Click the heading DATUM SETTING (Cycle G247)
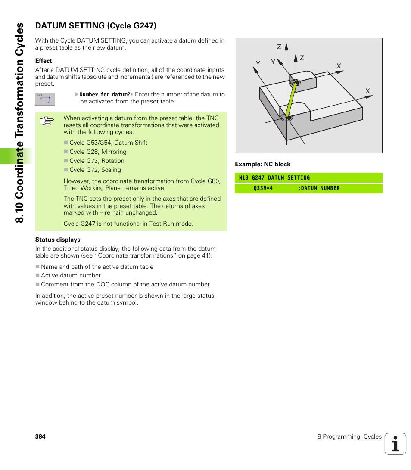coord(96,26)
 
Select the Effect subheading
coord(44,61)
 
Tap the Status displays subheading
coord(58,240)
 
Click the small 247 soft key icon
coord(45,99)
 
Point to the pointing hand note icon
coord(46,121)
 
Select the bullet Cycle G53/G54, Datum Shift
coord(108,143)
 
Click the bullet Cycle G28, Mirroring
coord(98,152)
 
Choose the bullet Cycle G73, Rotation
coord(97,161)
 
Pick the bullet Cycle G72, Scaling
coord(95,170)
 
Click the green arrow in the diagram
coord(292,100)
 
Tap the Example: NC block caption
coord(262,165)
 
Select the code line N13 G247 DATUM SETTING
coord(274,178)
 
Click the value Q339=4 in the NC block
coord(263,188)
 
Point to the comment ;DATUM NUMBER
coord(318,188)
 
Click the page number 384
coord(40,436)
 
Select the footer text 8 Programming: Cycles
coord(349,436)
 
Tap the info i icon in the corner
coord(395,444)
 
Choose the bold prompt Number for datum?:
coord(106,95)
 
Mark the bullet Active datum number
coord(71,276)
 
